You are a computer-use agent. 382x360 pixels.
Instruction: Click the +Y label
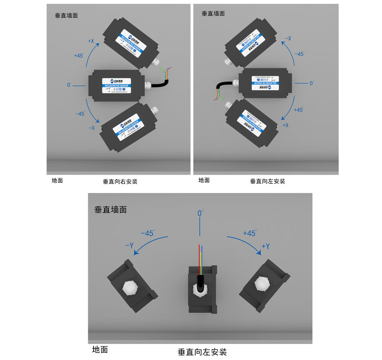coord(265,246)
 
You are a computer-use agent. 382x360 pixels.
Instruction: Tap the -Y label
coord(129,246)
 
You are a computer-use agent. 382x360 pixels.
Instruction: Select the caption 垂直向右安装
coord(120,182)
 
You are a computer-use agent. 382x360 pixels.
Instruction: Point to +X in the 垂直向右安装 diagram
coord(91,41)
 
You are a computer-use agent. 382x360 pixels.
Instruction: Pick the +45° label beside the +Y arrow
coord(249,233)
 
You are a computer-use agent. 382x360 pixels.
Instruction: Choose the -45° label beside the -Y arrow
coord(147,233)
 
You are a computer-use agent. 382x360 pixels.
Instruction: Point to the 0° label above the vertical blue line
coord(200,213)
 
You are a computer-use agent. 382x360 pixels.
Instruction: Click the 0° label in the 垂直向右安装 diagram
coord(69,84)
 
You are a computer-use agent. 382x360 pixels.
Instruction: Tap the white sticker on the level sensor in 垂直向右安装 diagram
coord(117,86)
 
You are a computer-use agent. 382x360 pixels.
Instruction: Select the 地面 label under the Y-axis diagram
coord(100,349)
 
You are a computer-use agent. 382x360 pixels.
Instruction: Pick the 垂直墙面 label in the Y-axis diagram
coord(110,209)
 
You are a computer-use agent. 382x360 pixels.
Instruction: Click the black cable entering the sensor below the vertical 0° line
coord(200,281)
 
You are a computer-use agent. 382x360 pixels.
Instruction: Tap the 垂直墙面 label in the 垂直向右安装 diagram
coord(66,16)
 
